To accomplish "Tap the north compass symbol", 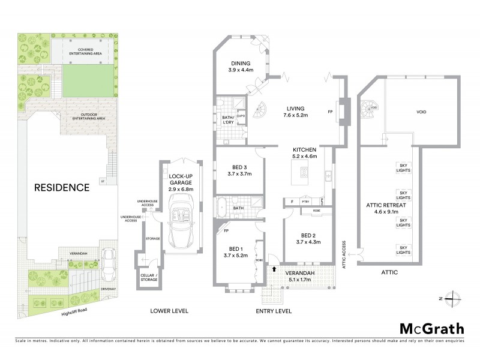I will pos(454,298).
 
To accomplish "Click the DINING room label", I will pos(239,66).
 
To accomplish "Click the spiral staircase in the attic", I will pos(369,110).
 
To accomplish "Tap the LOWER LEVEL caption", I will pos(169,311).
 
